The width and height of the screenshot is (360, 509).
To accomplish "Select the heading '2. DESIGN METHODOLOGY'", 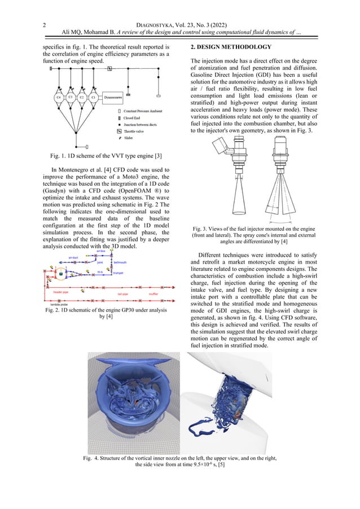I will pos(231,46).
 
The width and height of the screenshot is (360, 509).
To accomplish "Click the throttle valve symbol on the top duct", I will pos(109,68).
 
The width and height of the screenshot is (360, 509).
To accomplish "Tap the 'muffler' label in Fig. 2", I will pos(153,294).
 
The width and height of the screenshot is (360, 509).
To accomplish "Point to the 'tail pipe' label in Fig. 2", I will pos(123,294).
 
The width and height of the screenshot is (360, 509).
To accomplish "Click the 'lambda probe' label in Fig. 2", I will pos(51,304).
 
